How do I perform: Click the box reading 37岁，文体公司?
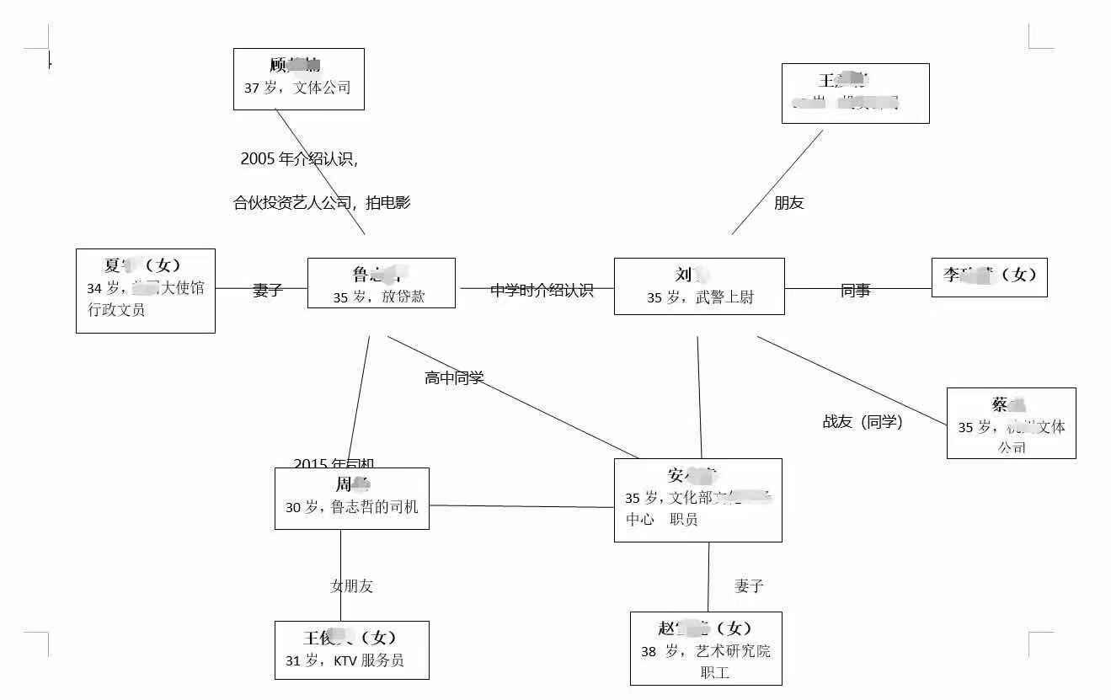tap(298, 78)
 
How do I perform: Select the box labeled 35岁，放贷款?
tap(381, 283)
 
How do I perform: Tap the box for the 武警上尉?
tap(698, 286)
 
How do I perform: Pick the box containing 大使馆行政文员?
tap(145, 291)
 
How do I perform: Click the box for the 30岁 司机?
tap(351, 499)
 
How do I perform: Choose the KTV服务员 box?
tap(351, 650)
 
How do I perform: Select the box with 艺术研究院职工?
tap(706, 649)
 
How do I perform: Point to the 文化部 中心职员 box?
tap(697, 500)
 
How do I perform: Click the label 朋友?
tap(788, 203)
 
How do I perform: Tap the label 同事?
tap(855, 291)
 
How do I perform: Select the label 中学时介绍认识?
tap(542, 291)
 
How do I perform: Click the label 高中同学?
tap(454, 378)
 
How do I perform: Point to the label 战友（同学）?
tap(863, 422)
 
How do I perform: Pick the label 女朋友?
tap(351, 586)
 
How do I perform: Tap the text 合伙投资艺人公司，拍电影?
tap(322, 203)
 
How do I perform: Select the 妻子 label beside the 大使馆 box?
tap(267, 291)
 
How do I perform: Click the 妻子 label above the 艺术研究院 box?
tap(748, 586)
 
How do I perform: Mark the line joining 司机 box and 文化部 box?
tap(522, 506)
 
